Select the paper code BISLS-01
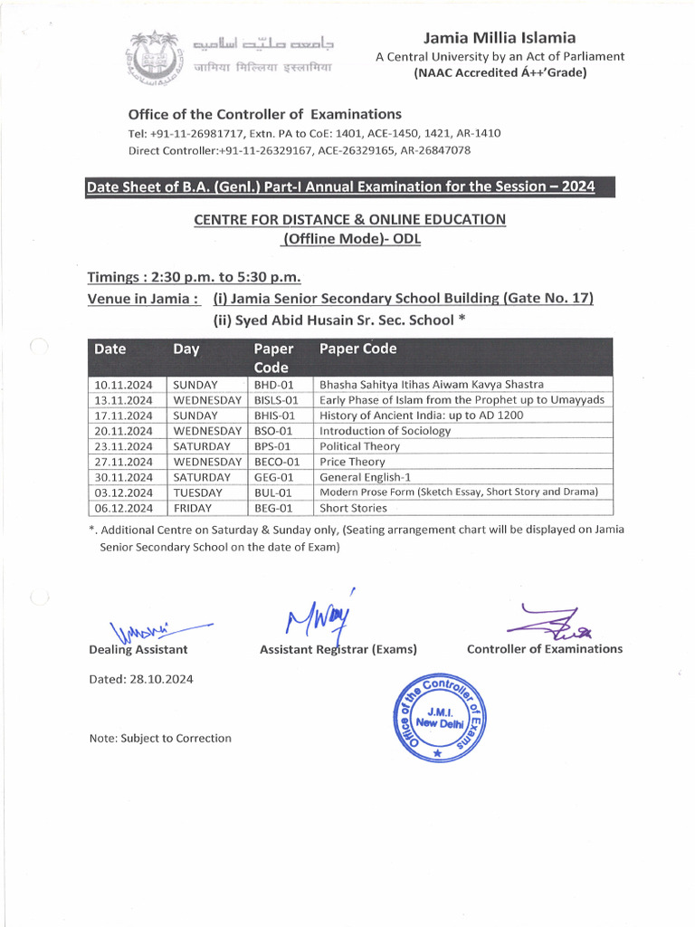276,400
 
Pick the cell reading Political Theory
359,446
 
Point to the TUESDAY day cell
197,492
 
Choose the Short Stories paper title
347,508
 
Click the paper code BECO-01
277,462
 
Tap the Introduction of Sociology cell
385,431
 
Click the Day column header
186,349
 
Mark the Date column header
110,349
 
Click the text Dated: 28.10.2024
140,679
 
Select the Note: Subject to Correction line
160,738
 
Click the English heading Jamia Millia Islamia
500,38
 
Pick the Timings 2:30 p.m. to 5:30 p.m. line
194,277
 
